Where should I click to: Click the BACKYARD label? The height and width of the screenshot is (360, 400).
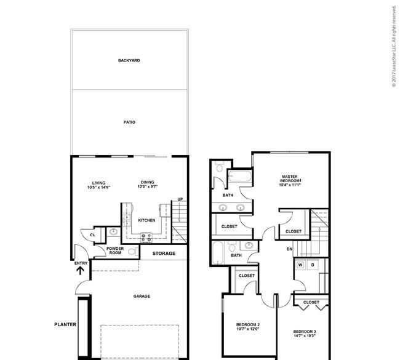coord(129,60)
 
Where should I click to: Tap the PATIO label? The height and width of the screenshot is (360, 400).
coord(129,122)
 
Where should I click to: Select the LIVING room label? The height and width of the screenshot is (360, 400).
coord(98,183)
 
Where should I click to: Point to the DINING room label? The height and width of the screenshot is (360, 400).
coord(148,183)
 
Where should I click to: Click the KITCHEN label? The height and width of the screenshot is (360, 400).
coord(146,220)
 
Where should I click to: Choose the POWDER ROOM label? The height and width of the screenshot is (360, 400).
coord(116,250)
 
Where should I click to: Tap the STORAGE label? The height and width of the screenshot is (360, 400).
coord(164,254)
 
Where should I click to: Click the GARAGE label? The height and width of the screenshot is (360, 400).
coord(142,296)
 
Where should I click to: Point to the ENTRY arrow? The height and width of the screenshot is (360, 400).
coord(81,270)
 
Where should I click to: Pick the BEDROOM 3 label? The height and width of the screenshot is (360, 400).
coord(305,332)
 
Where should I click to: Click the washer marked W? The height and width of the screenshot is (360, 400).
coord(301,265)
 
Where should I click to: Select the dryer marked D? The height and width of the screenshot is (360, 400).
coord(312,265)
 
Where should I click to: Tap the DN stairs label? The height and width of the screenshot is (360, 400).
coord(289,249)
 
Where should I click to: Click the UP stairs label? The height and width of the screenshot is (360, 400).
coord(180,199)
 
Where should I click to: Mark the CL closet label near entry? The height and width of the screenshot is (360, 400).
coord(92,234)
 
